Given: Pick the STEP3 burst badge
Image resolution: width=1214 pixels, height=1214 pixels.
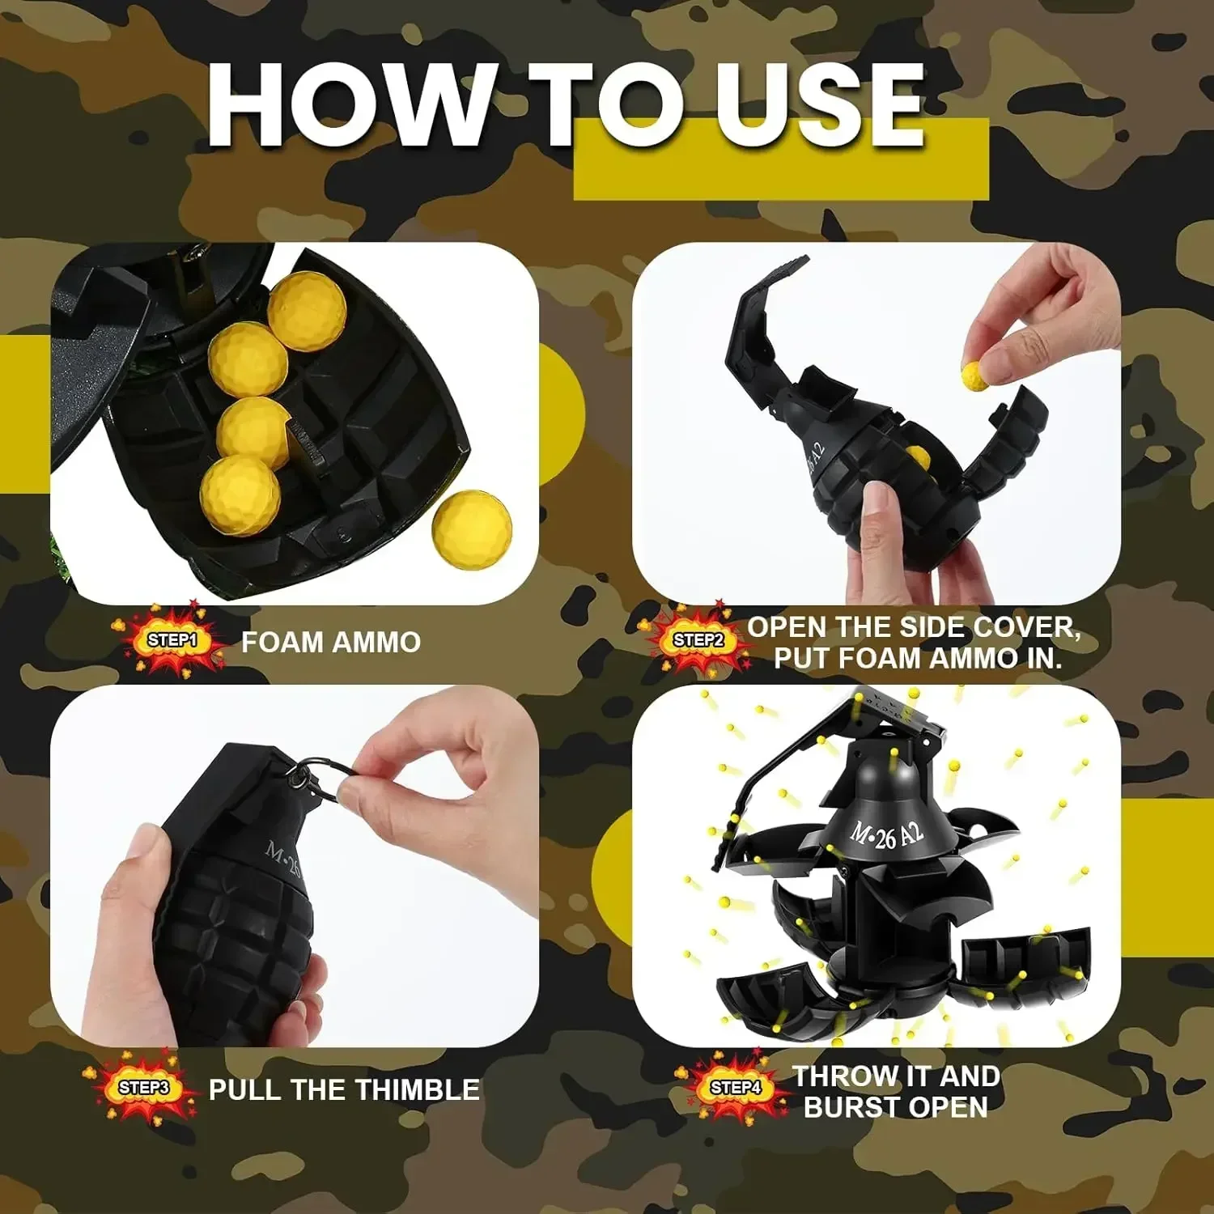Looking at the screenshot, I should coord(144,1088).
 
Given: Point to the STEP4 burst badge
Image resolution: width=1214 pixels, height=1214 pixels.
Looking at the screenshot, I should coord(735,1088).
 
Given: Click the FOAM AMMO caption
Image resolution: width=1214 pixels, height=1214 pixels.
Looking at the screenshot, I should coord(331,643).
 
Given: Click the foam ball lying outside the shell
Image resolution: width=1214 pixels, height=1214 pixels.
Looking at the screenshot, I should coord(472,530).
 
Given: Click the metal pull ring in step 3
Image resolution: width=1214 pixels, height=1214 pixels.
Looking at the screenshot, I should coord(324,775).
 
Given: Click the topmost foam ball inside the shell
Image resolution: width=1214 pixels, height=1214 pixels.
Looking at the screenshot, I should coord(307,310).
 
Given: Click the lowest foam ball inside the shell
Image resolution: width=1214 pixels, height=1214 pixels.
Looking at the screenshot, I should coord(240,494).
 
